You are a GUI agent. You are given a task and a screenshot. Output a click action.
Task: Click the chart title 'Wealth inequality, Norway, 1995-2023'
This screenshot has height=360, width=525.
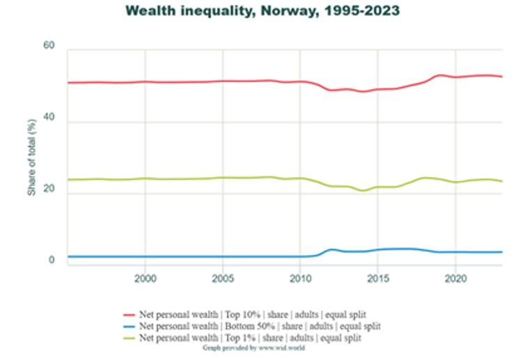point(262,11)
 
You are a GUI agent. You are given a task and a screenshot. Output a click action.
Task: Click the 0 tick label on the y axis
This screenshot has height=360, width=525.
point(52,260)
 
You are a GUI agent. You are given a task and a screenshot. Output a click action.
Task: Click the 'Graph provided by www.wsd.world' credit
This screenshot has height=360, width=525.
point(253,346)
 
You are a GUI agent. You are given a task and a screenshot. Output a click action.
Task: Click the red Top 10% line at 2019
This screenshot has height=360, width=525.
point(439,75)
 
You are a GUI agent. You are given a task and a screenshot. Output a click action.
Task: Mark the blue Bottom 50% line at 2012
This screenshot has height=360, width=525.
point(331,249)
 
